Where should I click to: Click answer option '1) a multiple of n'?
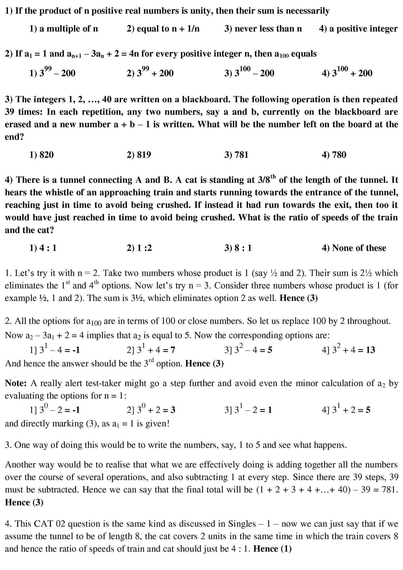64,29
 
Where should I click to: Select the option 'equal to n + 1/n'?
163,29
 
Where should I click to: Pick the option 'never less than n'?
263,29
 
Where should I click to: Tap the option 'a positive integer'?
358,29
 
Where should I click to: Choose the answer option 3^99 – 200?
52,73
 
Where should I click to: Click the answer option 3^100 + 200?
347,73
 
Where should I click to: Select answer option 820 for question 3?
42,154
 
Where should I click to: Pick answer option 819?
139,154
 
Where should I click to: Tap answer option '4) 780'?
334,154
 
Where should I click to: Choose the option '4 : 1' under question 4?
43,248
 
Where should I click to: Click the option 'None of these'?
354,248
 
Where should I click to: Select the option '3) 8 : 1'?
238,248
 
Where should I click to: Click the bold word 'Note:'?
16,383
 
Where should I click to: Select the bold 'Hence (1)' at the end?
272,549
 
